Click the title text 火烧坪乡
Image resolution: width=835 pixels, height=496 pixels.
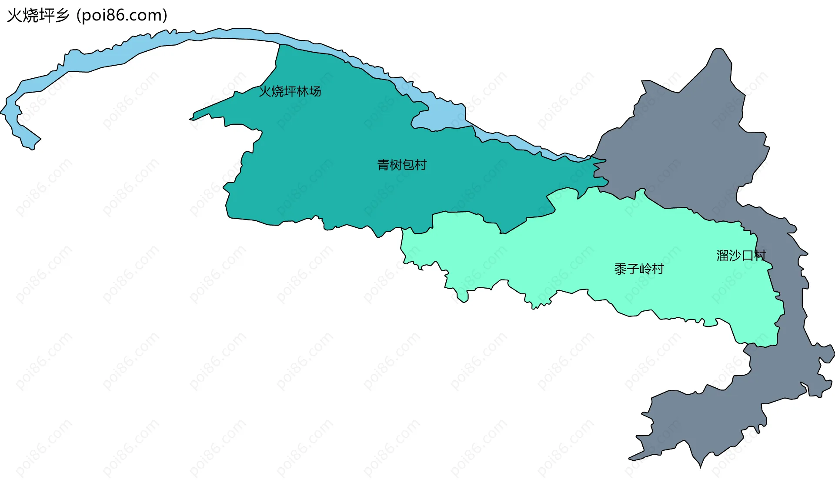tap(38, 16)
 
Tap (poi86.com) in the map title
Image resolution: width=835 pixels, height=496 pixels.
tap(122, 16)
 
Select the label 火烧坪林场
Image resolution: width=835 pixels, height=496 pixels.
tap(290, 91)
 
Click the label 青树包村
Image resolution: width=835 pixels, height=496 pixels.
tap(402, 165)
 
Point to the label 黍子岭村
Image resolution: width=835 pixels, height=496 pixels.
tap(639, 269)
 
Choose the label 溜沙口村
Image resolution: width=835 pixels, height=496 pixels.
tap(741, 256)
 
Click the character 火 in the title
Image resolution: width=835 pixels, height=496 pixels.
tap(14, 16)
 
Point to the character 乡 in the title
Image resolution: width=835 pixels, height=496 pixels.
tap(62, 16)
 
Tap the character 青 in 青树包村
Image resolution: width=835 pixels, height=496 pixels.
tap(383, 165)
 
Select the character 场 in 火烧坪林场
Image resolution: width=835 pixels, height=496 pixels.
tap(315, 91)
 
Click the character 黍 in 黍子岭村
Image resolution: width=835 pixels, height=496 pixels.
tap(620, 269)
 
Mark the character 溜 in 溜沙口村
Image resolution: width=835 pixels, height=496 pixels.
tap(722, 256)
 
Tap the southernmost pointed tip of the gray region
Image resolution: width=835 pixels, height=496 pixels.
tap(700, 467)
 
